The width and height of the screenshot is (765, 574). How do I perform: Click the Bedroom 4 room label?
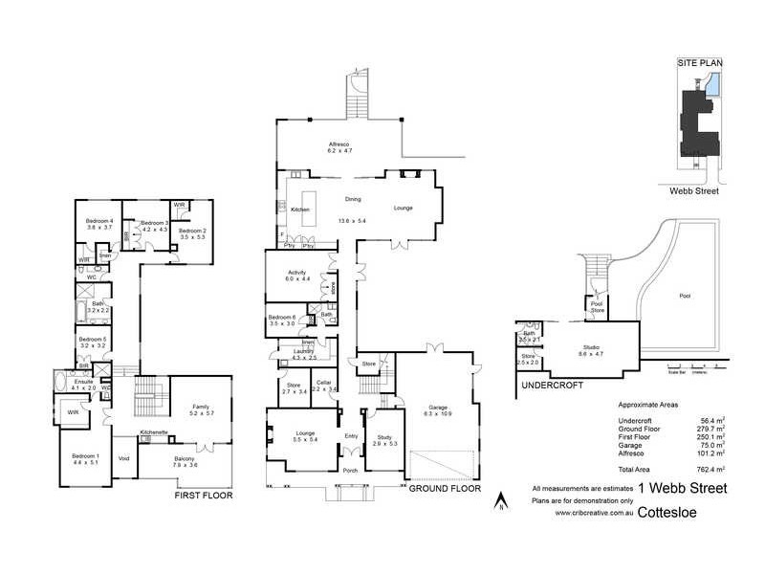[99, 221]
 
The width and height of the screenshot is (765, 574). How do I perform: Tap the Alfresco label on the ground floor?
[340, 144]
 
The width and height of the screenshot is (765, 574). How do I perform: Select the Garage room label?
[438, 408]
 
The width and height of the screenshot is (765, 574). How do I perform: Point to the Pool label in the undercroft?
[685, 296]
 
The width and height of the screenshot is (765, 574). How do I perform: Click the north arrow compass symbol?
[499, 499]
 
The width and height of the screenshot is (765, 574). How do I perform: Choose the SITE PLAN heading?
[700, 62]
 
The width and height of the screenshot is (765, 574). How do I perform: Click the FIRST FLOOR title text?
[204, 496]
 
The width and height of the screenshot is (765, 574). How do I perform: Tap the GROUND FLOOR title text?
[444, 487]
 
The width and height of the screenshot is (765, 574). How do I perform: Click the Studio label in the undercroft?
[593, 348]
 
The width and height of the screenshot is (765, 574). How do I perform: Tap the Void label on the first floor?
[123, 458]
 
